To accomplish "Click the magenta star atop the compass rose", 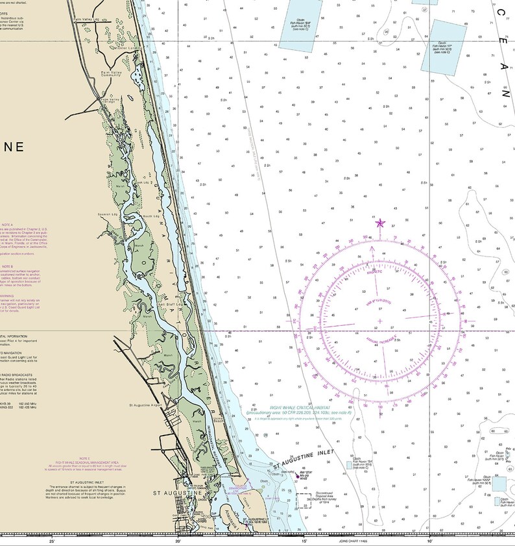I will [380, 223].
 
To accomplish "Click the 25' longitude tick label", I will [51, 540].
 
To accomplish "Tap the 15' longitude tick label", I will [304, 540].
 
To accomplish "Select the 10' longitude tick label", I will [429, 540].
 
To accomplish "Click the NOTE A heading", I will [8, 225].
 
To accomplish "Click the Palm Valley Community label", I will [112, 73].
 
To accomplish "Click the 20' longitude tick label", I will [178, 540].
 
